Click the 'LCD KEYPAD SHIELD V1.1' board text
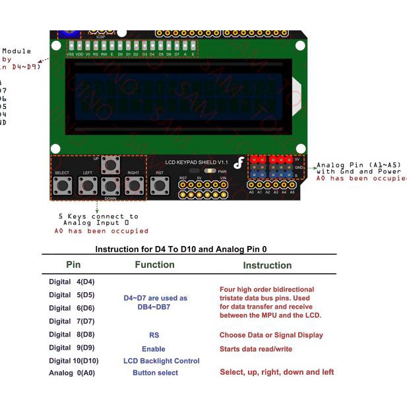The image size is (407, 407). click(x=196, y=162)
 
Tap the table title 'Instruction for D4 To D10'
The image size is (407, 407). click(x=181, y=249)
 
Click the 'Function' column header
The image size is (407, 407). click(x=154, y=265)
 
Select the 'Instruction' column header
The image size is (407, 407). click(x=267, y=265)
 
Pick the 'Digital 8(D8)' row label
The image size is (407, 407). click(x=72, y=334)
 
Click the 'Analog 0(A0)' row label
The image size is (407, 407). click(x=72, y=373)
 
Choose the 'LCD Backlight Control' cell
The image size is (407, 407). click(x=161, y=361)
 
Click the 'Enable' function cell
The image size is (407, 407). click(x=154, y=348)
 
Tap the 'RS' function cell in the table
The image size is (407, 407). click(x=154, y=335)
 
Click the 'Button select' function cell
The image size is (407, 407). click(x=155, y=373)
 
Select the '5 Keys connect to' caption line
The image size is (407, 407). click(x=98, y=216)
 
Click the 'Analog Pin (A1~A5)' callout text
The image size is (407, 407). click(x=359, y=165)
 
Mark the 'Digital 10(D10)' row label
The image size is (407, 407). click(x=73, y=361)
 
